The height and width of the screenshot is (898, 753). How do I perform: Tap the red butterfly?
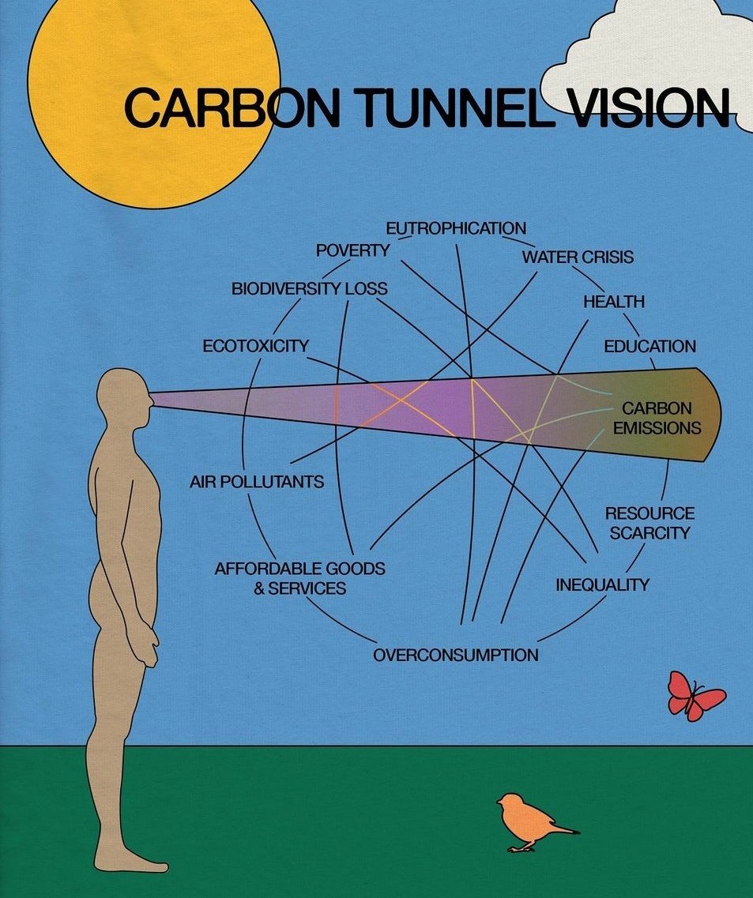pos(695,696)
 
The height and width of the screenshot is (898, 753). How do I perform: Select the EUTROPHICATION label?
pos(456,228)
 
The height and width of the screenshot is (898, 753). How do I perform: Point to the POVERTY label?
pos(352,250)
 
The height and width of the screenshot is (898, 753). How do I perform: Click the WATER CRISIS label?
pos(578,257)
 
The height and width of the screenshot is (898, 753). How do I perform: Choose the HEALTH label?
pos(614,301)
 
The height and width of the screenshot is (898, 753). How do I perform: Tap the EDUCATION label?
pos(649,347)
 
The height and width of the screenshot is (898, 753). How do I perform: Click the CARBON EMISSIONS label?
pos(657,418)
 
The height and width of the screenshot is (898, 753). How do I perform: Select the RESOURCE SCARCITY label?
pos(649,523)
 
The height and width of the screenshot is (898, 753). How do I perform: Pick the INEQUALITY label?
pos(602,584)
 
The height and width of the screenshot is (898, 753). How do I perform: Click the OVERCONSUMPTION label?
pos(456,655)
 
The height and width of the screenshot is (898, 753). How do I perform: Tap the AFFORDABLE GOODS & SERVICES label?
pos(299,578)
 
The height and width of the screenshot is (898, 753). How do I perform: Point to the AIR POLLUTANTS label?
pos(257,482)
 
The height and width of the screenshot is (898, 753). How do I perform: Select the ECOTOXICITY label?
pos(255,346)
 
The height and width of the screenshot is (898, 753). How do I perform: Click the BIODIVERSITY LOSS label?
pos(310,288)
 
